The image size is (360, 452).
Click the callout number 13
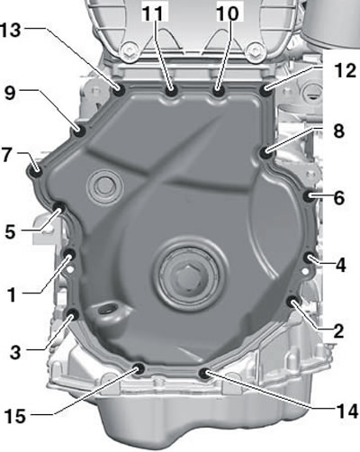pyautogui.click(x=11, y=31)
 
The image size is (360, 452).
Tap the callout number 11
pyautogui.click(x=153, y=14)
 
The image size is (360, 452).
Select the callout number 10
pyautogui.click(x=228, y=14)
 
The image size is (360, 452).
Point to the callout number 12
pyautogui.click(x=346, y=71)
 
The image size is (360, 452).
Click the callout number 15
pyautogui.click(x=15, y=417)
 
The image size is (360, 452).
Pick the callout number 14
pyautogui.click(x=347, y=411)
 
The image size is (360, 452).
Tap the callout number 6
pyautogui.click(x=339, y=198)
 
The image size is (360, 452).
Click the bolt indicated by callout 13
pyautogui.click(x=120, y=90)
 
